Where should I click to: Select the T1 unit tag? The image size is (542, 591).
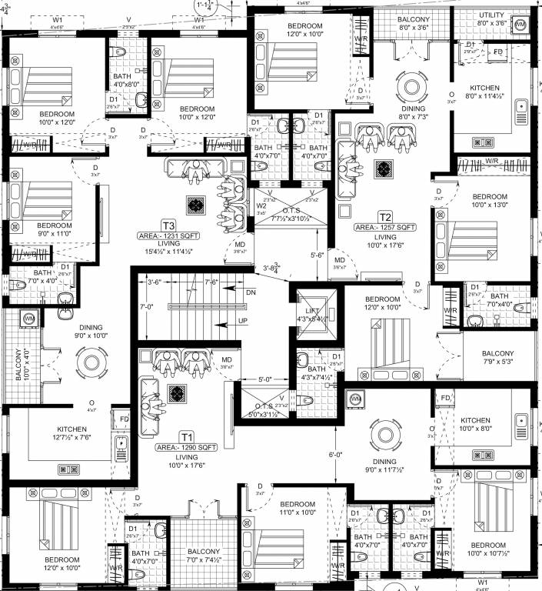pos(187,436)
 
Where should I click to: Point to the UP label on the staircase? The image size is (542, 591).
pos(244,319)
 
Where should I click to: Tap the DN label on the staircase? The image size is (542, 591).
pos(250,292)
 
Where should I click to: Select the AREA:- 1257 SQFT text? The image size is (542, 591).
pos(385,228)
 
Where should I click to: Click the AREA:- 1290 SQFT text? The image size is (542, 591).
pos(186,446)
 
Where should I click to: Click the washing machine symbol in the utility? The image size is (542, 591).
pos(520,25)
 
